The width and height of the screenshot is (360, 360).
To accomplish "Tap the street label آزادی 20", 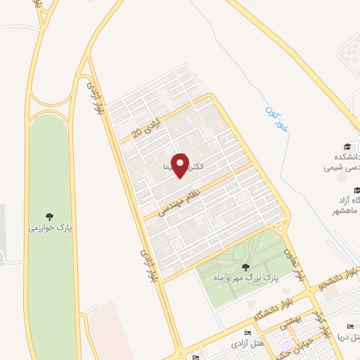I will [146, 127].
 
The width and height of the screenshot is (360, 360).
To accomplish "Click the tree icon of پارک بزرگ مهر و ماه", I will [245, 266].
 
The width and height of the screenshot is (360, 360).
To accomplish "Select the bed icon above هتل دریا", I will [350, 326].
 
